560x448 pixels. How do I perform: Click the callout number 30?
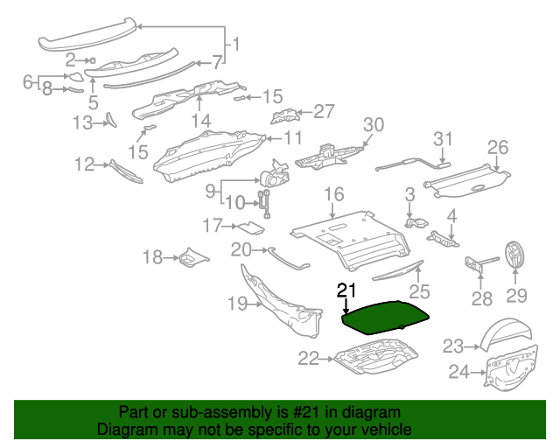point(374,125)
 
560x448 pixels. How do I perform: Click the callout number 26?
point(497,146)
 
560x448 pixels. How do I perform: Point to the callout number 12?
point(84,164)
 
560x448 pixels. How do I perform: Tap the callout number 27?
point(324,111)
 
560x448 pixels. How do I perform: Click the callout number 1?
point(234,43)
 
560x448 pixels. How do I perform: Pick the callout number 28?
point(482,299)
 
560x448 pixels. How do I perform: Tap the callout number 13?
point(82,123)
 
